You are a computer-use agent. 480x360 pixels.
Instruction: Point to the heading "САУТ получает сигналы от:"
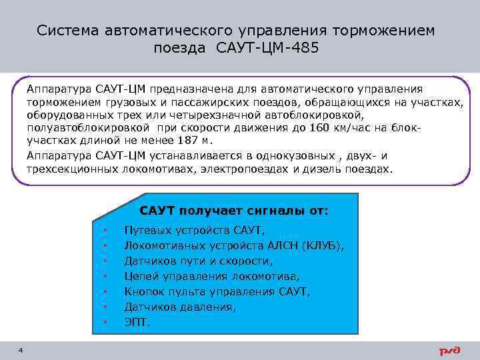click(233, 211)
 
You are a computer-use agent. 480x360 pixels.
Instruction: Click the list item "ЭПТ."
click(137, 322)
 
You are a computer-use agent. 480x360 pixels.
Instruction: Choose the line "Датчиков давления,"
click(180, 307)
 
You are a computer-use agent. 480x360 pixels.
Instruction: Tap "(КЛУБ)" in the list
click(324, 245)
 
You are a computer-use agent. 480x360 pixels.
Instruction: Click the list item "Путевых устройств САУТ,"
click(195, 230)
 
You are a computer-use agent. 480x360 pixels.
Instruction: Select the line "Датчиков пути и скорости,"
click(198, 261)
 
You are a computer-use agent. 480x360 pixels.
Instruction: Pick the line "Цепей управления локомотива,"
click(212, 276)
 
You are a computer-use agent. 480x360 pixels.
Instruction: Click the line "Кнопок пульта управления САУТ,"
click(217, 291)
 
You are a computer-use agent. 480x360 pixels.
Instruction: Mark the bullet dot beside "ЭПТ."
click(105, 323)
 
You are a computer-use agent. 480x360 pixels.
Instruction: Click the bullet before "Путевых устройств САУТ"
click(105, 231)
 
